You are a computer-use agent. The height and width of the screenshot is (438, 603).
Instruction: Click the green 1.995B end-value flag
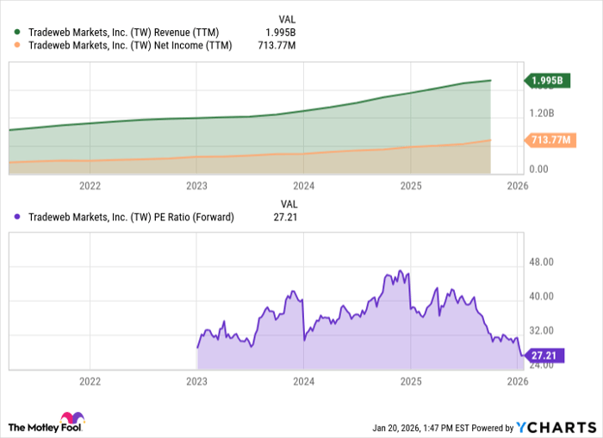548,81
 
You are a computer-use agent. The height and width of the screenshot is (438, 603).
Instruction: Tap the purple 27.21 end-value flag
545,354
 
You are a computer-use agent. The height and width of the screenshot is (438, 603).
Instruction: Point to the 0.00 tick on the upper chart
538,170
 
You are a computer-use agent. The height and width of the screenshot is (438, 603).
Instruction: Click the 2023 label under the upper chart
197,185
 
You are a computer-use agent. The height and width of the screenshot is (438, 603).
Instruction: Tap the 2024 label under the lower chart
304,381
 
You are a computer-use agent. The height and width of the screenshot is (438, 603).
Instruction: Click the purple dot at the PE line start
197,348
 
